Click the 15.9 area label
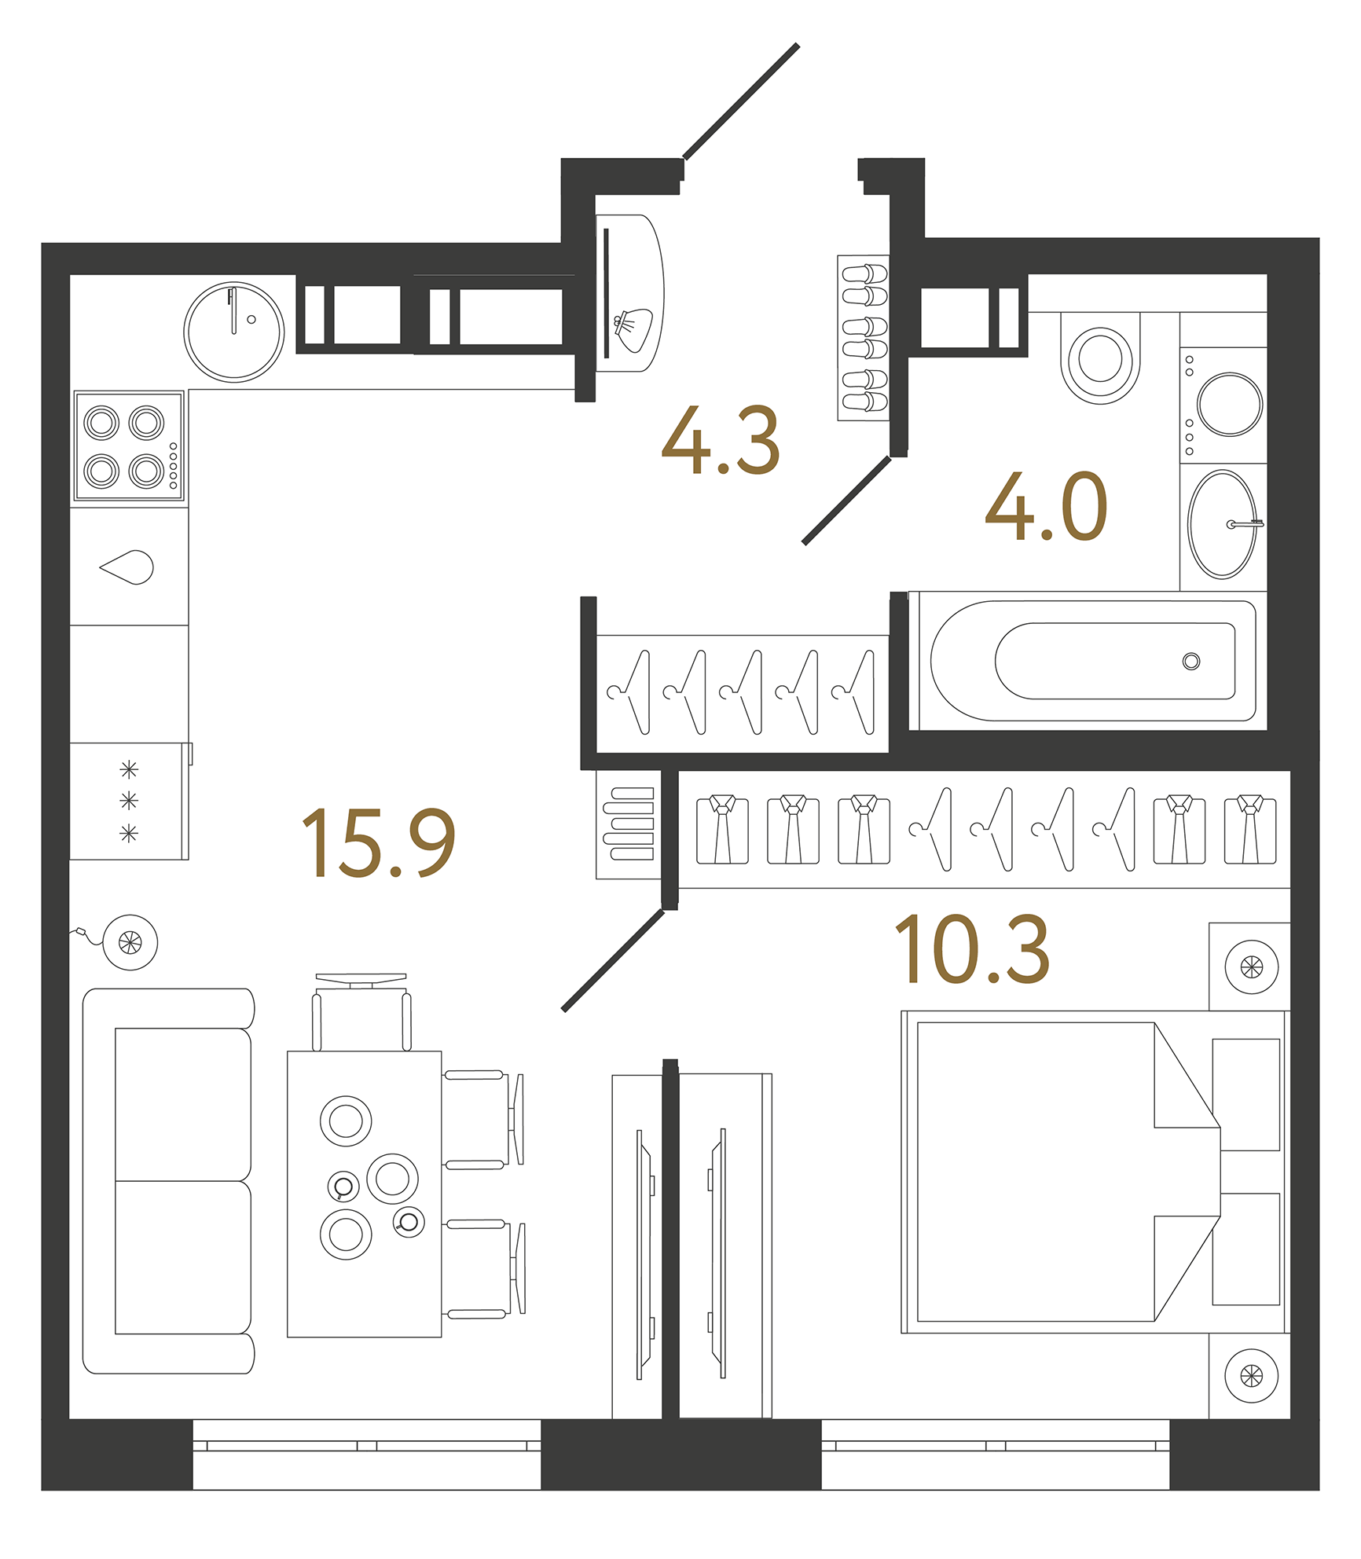[378, 842]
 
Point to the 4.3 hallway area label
[721, 441]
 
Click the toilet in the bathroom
[1099, 358]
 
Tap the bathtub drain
[1190, 661]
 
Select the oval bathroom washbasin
[1222, 524]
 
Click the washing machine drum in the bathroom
[1229, 404]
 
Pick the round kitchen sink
[234, 332]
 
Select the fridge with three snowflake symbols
[129, 801]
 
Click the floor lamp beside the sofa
[130, 942]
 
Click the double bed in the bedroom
[1053, 1172]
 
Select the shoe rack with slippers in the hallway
[864, 338]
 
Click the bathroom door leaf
[847, 501]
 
